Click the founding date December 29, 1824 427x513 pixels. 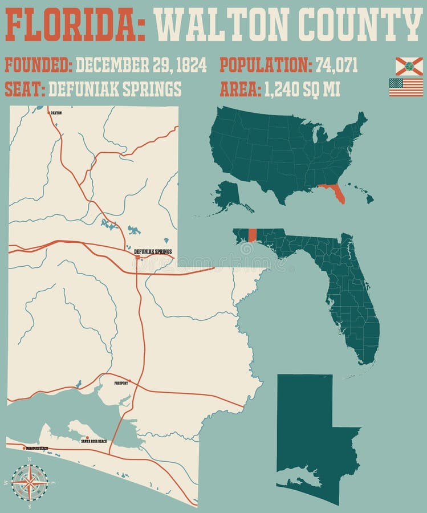(141, 66)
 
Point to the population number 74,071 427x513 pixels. (337, 66)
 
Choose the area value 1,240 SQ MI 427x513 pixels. (302, 89)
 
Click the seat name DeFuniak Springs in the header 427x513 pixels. (115, 89)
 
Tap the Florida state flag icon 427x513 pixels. (409, 66)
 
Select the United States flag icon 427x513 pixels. (406, 87)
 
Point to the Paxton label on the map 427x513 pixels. (56, 113)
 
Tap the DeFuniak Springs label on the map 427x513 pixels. (152, 251)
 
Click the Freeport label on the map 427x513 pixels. (121, 384)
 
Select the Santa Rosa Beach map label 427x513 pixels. (93, 441)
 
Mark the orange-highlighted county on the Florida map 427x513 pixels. (253, 235)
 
